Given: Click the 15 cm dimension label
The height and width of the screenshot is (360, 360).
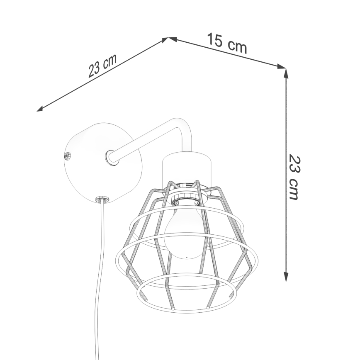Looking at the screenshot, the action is pos(227,43).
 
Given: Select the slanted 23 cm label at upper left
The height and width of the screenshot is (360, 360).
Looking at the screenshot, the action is pos(102,66).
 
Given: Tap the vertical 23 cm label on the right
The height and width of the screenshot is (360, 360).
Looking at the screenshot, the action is pos(294,178).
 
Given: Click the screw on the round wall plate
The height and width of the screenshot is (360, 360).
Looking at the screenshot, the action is pos(67,156).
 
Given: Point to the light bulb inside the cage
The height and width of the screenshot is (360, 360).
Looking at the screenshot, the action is pos(186,232).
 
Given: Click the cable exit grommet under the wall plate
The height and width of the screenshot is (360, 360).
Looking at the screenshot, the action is pos(102,199).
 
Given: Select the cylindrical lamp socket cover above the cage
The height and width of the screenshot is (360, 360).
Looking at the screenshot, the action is pos(187,167).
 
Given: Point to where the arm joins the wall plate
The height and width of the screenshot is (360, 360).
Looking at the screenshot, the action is pos(112,158).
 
